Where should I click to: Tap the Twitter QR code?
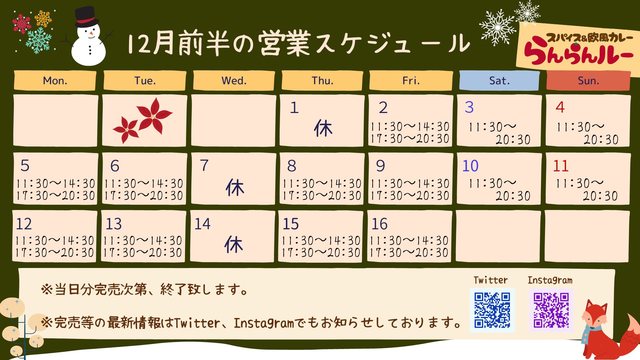[x=492, y=310]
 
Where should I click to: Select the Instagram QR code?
[x=551, y=310]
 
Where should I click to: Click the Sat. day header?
[x=499, y=80]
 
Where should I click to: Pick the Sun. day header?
[x=588, y=80]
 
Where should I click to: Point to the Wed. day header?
[x=234, y=80]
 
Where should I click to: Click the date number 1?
[x=294, y=107]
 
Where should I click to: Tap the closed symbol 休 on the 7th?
[x=235, y=187]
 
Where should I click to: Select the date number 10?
[x=470, y=166]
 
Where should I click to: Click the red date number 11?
[x=561, y=166]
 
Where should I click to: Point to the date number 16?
[x=380, y=224]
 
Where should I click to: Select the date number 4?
[x=560, y=107]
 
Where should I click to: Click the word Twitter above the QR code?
[x=491, y=280]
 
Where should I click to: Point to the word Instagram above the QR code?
[x=550, y=280]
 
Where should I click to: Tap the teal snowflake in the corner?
[x=39, y=40]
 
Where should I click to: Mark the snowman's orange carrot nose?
[x=91, y=33]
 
